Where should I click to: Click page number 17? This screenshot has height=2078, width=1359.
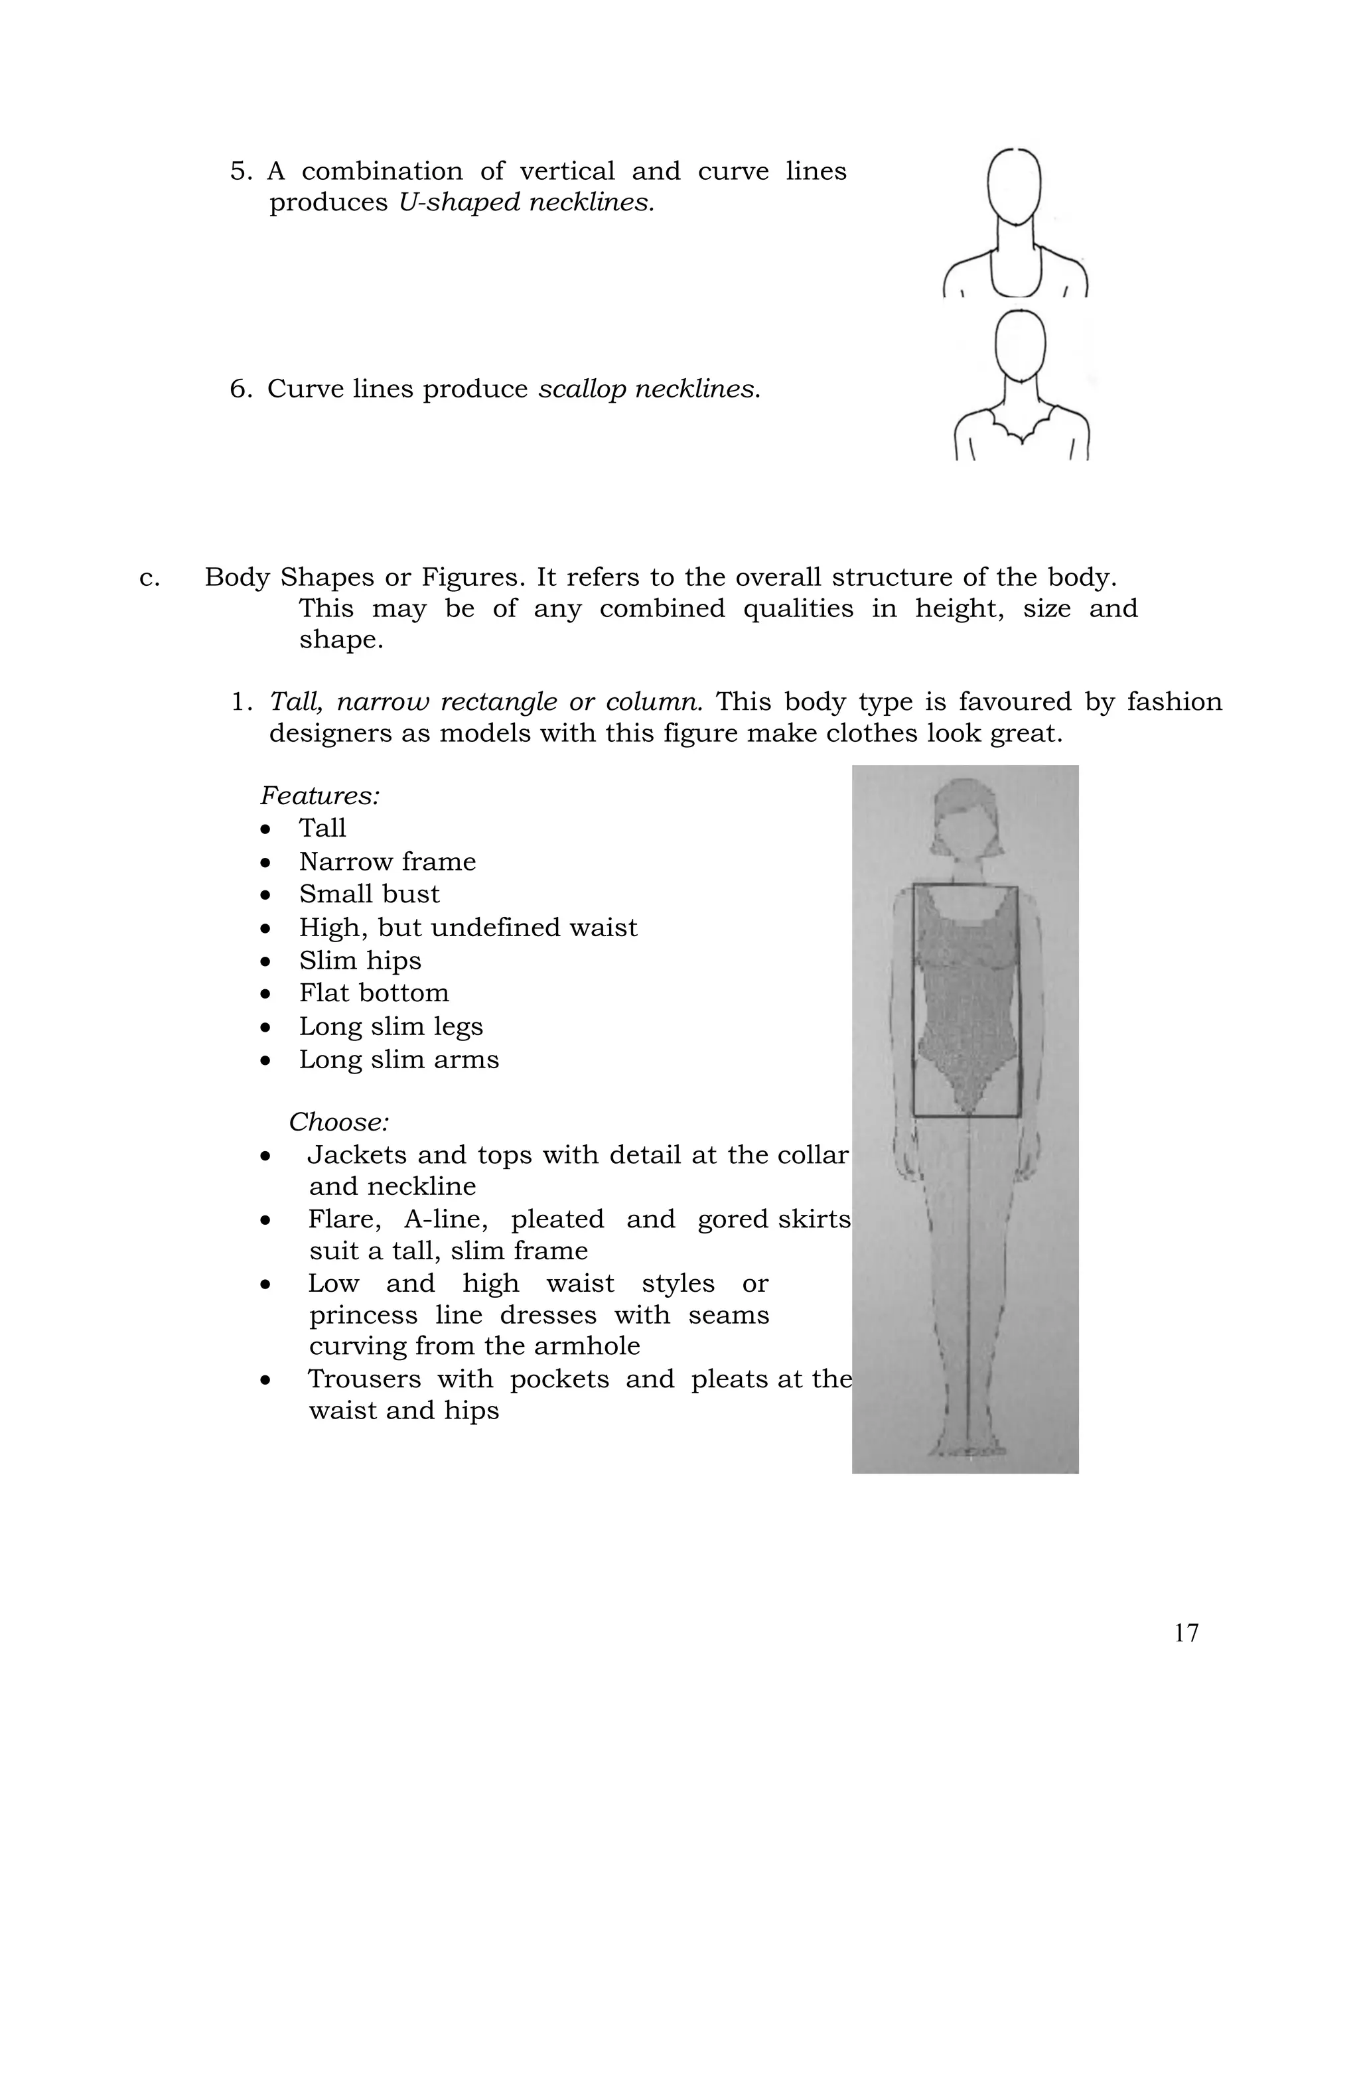1185,1632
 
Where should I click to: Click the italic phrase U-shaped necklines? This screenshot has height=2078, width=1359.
526,202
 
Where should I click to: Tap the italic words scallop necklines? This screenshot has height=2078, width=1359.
648,389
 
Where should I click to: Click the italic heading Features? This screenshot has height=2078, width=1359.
320,796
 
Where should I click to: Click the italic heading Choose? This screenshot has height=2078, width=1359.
339,1121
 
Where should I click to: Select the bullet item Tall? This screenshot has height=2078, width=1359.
322,828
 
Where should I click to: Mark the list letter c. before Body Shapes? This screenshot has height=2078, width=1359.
149,578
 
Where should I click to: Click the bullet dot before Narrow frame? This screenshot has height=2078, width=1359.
265,863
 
